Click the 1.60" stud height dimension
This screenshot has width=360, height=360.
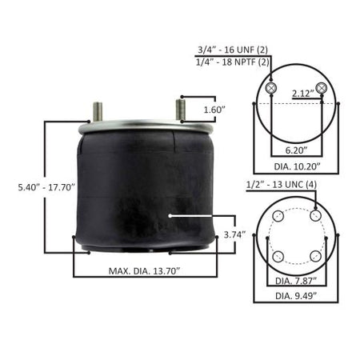(x=214, y=110)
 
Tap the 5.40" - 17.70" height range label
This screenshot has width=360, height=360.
(x=46, y=187)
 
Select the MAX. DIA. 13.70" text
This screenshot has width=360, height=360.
(x=145, y=271)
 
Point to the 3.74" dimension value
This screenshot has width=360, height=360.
(x=234, y=235)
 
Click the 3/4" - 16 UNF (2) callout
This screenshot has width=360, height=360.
(x=233, y=50)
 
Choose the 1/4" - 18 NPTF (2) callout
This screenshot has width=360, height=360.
(x=233, y=62)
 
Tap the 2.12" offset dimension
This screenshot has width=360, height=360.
(x=303, y=94)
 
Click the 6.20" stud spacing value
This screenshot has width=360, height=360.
(x=296, y=150)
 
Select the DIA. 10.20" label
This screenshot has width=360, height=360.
(x=297, y=166)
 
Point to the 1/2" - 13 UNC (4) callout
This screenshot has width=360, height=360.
(x=282, y=185)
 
